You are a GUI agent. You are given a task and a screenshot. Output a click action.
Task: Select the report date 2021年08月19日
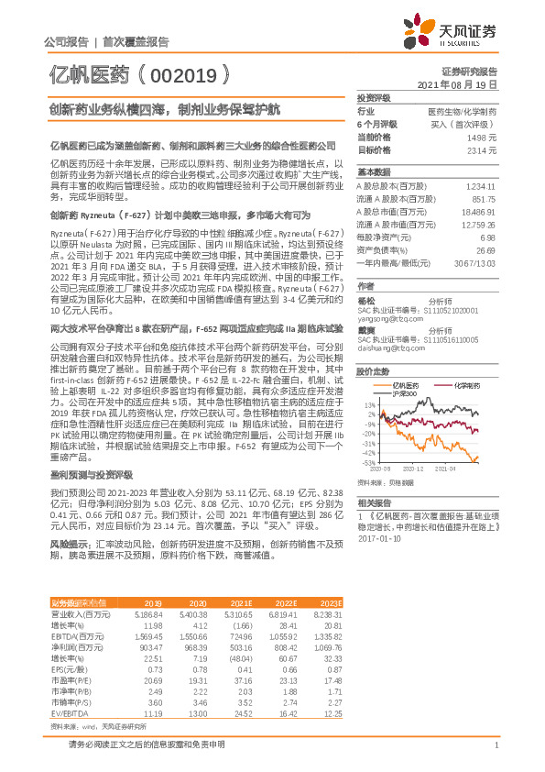(463, 83)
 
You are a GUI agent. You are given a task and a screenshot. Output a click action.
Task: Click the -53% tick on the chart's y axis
(366, 463)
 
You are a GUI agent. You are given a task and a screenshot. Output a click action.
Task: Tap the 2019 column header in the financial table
(154, 602)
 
